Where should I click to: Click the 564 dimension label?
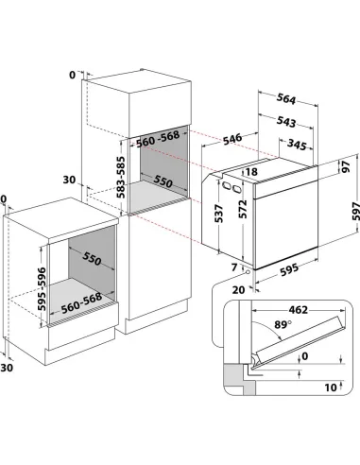(286, 99)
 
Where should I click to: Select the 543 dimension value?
(286, 122)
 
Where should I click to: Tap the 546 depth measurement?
(232, 139)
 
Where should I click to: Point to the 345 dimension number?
(297, 145)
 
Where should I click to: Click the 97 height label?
(346, 166)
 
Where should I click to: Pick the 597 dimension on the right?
(355, 211)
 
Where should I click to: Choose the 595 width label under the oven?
(289, 269)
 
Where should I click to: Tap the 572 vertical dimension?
(243, 209)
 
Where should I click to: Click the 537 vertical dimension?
(219, 214)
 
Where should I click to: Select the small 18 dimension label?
(251, 171)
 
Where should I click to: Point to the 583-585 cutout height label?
(121, 177)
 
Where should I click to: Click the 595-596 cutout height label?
(42, 289)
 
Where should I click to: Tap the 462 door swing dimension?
(298, 310)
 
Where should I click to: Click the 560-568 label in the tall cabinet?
(158, 139)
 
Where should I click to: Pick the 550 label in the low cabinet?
(92, 259)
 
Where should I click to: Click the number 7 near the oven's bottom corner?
(233, 267)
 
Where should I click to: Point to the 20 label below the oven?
(238, 290)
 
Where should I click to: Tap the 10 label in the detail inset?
(331, 387)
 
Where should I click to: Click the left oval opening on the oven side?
(226, 185)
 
